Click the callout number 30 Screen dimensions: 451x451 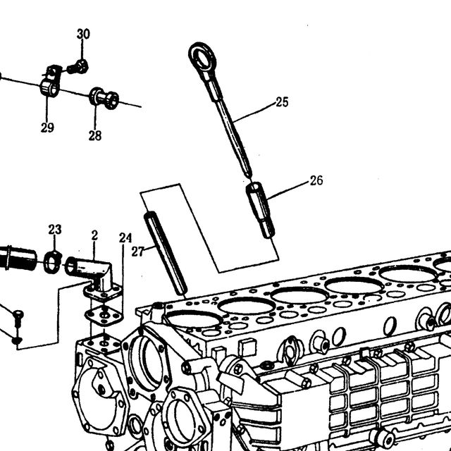pyautogui.click(x=83, y=34)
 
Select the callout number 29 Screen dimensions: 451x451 pyautogui.click(x=47, y=128)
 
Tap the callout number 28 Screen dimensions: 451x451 pyautogui.click(x=95, y=135)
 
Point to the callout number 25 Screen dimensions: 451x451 pyautogui.click(x=282, y=102)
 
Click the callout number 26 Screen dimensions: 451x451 pyautogui.click(x=316, y=180)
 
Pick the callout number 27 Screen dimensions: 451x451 pyautogui.click(x=138, y=252)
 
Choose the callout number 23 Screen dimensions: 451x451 pyautogui.click(x=55, y=230)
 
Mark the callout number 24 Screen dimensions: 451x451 pyautogui.click(x=125, y=238)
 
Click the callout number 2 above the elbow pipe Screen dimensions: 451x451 pyautogui.click(x=94, y=235)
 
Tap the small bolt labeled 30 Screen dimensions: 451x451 pyautogui.click(x=78, y=67)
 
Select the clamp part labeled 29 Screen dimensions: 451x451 pyautogui.click(x=50, y=81)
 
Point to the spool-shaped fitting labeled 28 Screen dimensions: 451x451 pyautogui.click(x=104, y=98)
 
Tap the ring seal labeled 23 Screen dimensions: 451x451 pyautogui.click(x=53, y=262)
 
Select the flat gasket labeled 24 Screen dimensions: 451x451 pyautogui.click(x=104, y=316)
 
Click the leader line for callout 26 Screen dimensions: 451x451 pyautogui.click(x=288, y=190)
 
